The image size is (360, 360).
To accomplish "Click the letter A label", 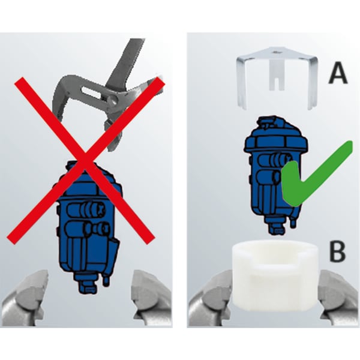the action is (x=337, y=73).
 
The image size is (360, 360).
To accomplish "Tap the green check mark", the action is (x=317, y=173).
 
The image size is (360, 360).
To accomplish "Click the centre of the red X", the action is (x=85, y=160).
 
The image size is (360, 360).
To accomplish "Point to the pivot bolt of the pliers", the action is (x=113, y=99).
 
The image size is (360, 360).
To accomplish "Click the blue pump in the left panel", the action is (x=88, y=227).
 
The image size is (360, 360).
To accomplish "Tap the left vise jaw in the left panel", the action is (x=24, y=298).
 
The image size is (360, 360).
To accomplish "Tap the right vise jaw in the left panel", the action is (x=152, y=298).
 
